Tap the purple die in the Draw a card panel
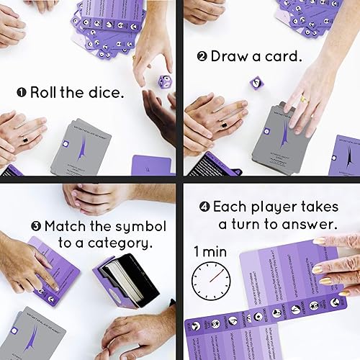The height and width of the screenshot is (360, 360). (256, 83)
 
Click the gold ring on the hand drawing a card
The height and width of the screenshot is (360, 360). (304, 99)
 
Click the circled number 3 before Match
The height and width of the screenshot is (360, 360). (36, 225)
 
